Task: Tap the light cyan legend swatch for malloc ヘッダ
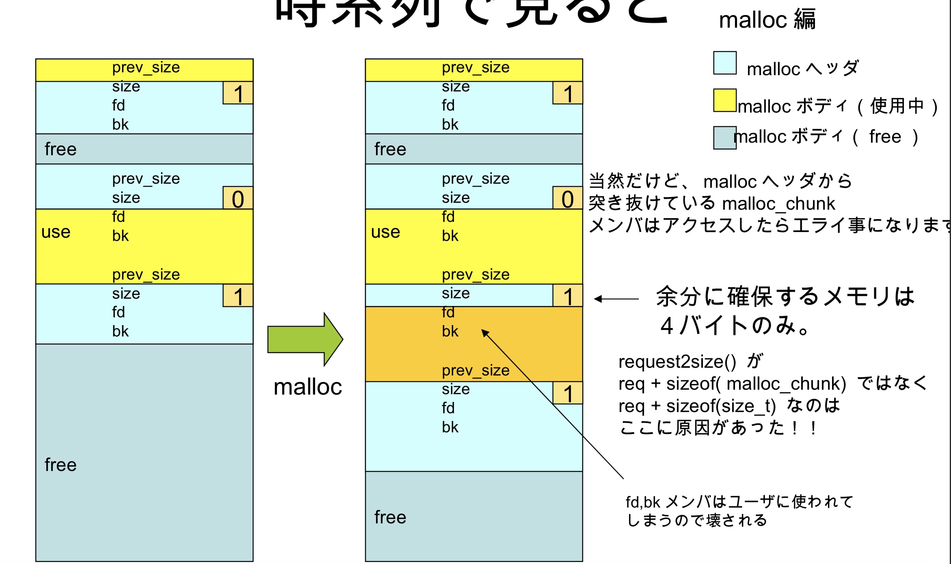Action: (x=725, y=63)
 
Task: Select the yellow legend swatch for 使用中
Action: (x=725, y=100)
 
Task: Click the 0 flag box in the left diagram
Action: (x=238, y=198)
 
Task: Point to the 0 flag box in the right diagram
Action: (x=568, y=198)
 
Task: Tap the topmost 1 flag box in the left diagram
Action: (x=238, y=93)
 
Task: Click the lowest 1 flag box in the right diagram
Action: (x=568, y=393)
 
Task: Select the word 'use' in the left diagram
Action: (x=56, y=232)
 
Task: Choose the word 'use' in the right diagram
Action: (x=386, y=232)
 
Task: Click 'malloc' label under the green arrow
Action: (x=308, y=387)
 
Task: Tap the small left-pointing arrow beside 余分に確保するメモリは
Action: (x=616, y=299)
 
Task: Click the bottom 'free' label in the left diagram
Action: (x=61, y=464)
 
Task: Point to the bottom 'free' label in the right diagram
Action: (x=390, y=517)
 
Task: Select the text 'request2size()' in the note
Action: (x=677, y=362)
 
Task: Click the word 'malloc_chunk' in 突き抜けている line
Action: (x=778, y=204)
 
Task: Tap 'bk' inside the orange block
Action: (x=450, y=331)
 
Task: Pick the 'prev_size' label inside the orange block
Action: (x=475, y=370)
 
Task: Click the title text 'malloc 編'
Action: (x=767, y=20)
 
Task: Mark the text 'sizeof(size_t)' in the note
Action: (x=721, y=406)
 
